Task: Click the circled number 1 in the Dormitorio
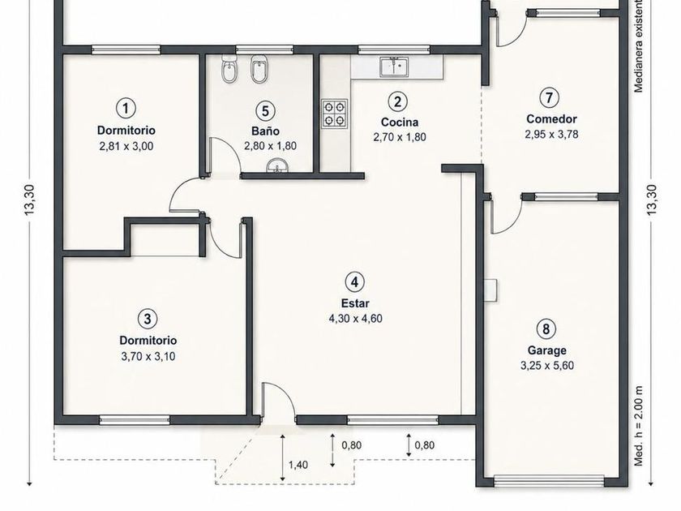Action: click(x=126, y=107)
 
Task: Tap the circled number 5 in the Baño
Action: click(x=265, y=111)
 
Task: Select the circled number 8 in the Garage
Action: click(x=546, y=328)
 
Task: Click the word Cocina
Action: click(x=399, y=122)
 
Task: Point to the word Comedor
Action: click(x=551, y=118)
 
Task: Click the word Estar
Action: click(x=355, y=303)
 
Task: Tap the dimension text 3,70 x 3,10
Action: click(x=148, y=356)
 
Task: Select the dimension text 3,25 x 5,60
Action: click(x=546, y=366)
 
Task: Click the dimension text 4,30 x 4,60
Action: click(x=355, y=319)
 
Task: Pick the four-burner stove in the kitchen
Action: click(x=334, y=114)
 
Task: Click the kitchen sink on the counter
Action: click(x=394, y=67)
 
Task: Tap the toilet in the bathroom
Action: click(x=229, y=69)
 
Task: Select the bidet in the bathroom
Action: click(x=259, y=70)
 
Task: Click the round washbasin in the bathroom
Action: click(x=277, y=166)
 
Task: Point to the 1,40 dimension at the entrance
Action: click(x=298, y=465)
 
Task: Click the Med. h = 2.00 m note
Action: click(x=638, y=426)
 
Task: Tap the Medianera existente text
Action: click(x=638, y=45)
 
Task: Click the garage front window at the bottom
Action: click(x=549, y=482)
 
